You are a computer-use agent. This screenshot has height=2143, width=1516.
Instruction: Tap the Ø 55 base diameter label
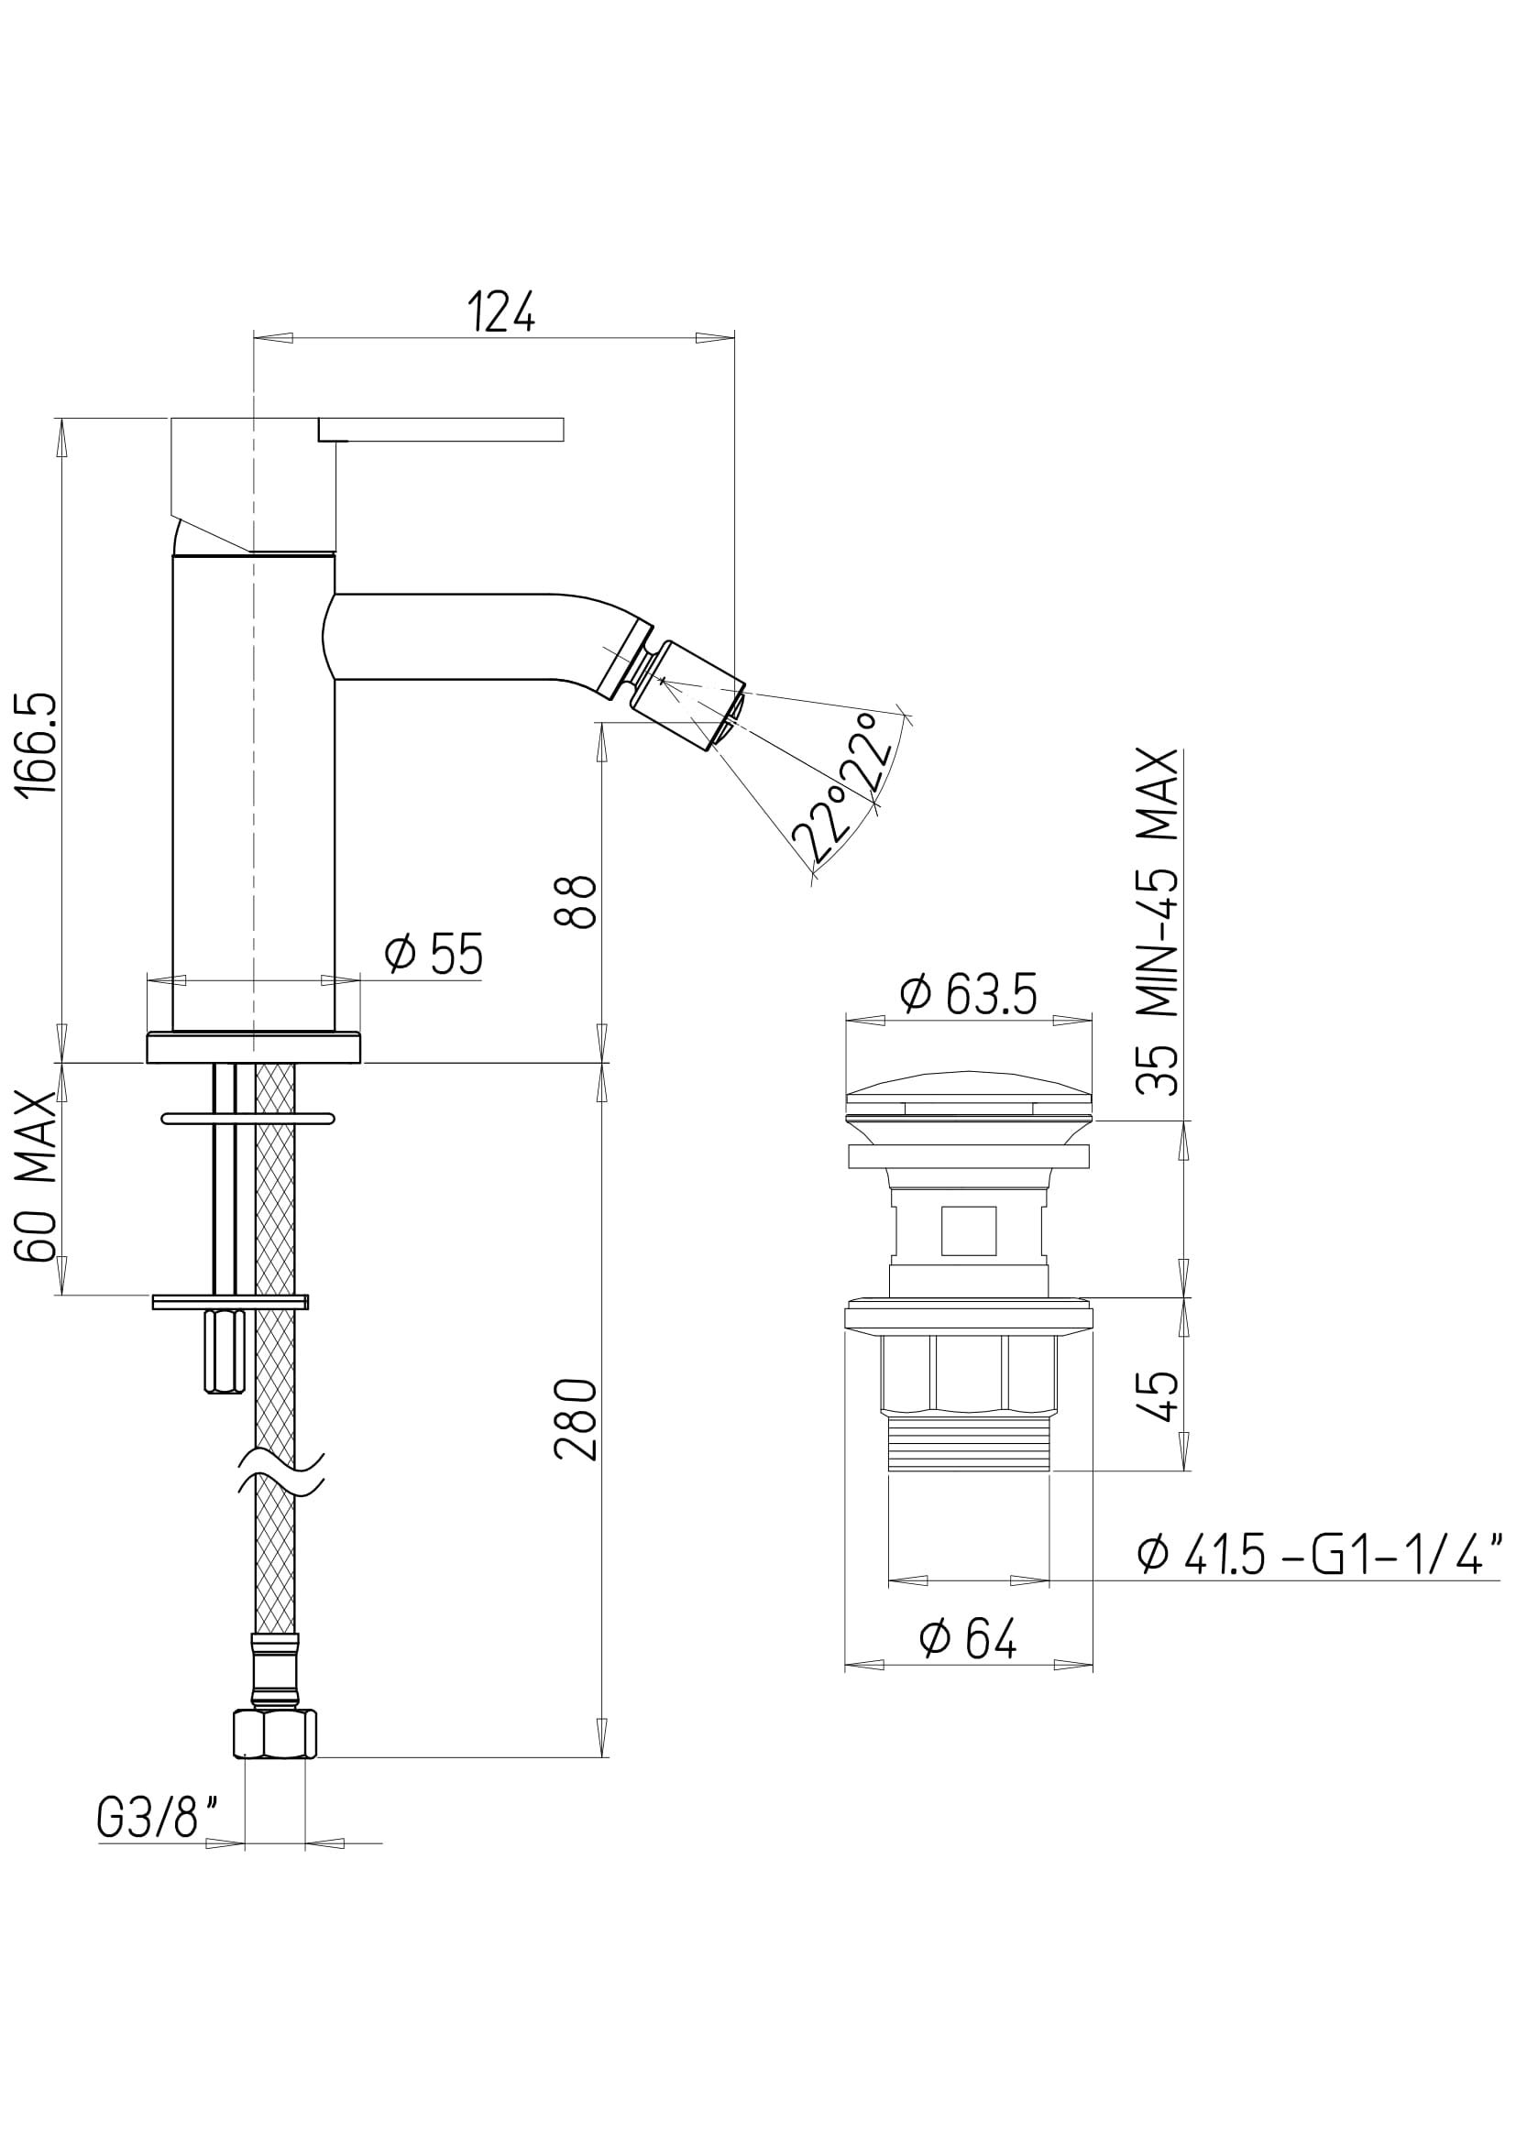pyautogui.click(x=435, y=954)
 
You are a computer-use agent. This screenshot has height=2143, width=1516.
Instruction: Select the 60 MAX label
pyautogui.click(x=39, y=1179)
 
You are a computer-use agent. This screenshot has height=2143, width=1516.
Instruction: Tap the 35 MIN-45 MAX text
pyautogui.click(x=1159, y=924)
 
